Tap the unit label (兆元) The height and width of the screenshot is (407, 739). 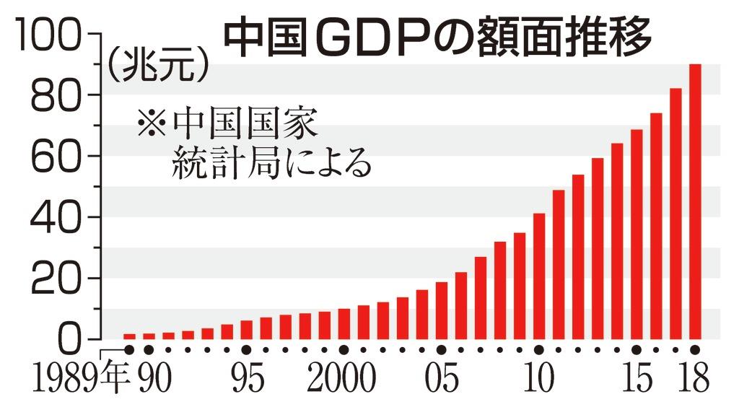pyautogui.click(x=158, y=66)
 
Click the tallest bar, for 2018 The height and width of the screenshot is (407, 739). pyautogui.click(x=695, y=201)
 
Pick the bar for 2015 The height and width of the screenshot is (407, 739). pyautogui.click(x=637, y=234)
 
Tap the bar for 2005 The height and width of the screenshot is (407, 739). pyautogui.click(x=442, y=310)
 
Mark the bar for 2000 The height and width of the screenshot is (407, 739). pyautogui.click(x=344, y=323)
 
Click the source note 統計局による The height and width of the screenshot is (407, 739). pyautogui.click(x=271, y=164)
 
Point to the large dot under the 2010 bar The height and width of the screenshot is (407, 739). pyautogui.click(x=539, y=350)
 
